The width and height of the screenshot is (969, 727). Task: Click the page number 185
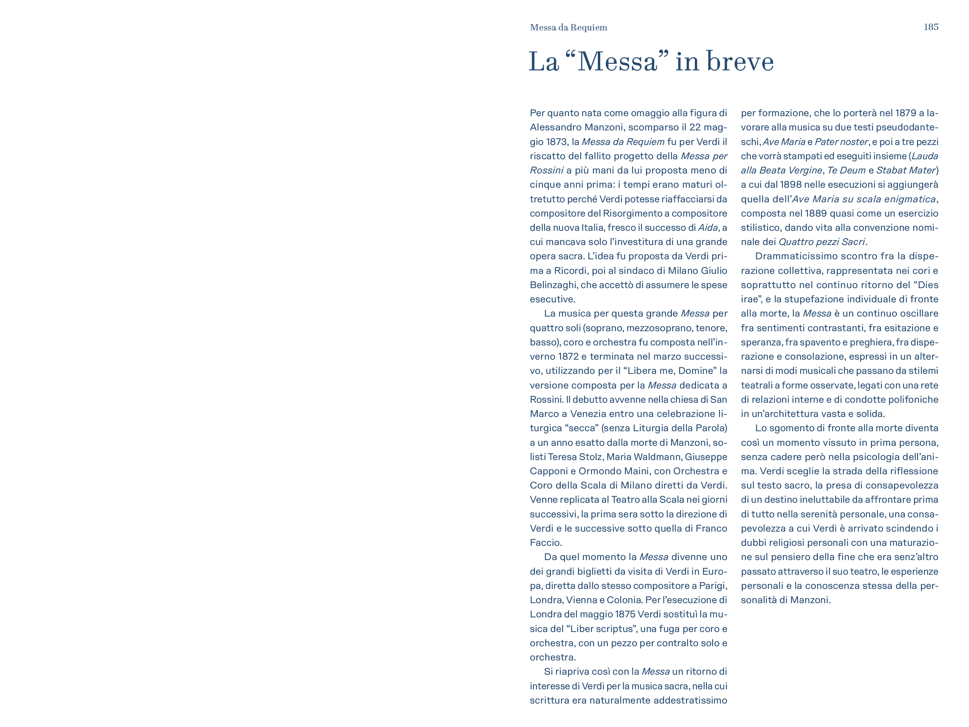[x=931, y=27]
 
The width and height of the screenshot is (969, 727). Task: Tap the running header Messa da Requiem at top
[x=568, y=28]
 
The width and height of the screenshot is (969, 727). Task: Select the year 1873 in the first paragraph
[x=557, y=142]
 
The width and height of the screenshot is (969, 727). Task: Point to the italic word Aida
[x=708, y=228]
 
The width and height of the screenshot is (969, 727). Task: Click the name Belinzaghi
[x=553, y=285]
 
